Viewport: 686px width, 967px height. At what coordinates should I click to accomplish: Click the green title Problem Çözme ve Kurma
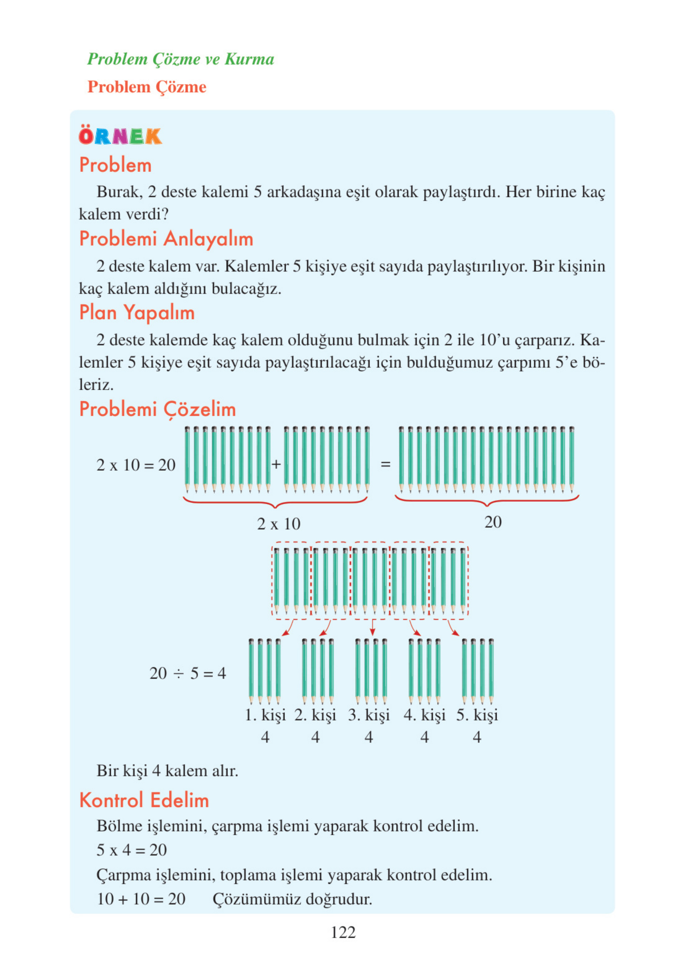[x=180, y=59]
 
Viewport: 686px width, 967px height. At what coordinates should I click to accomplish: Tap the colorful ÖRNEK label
[x=120, y=136]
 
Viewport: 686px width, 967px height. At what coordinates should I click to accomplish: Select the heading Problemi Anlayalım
[x=166, y=239]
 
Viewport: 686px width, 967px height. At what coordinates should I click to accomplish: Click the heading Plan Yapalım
[x=137, y=313]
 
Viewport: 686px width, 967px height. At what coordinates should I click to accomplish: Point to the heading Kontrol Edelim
[x=144, y=800]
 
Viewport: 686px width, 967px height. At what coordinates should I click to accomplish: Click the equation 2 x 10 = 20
[x=136, y=465]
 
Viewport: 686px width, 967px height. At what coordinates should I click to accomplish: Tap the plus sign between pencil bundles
[x=276, y=464]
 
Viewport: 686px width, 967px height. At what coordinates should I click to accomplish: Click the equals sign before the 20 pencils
[x=385, y=464]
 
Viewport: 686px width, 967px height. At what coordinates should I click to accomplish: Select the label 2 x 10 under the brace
[x=278, y=524]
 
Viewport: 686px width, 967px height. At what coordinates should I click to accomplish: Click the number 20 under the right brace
[x=492, y=522]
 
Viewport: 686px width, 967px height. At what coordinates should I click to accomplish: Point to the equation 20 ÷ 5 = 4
[x=188, y=673]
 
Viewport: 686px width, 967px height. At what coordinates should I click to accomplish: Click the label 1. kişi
[x=265, y=715]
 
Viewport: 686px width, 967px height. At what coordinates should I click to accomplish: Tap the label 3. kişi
[x=368, y=715]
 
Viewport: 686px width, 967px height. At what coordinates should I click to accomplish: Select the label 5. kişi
[x=477, y=715]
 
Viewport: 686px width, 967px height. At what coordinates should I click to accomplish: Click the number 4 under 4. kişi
[x=425, y=737]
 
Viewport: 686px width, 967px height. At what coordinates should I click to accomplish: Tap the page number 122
[x=343, y=932]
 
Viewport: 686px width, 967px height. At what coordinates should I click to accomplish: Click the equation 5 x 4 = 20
[x=131, y=850]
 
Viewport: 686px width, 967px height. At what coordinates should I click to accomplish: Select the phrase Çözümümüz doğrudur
[x=292, y=899]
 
